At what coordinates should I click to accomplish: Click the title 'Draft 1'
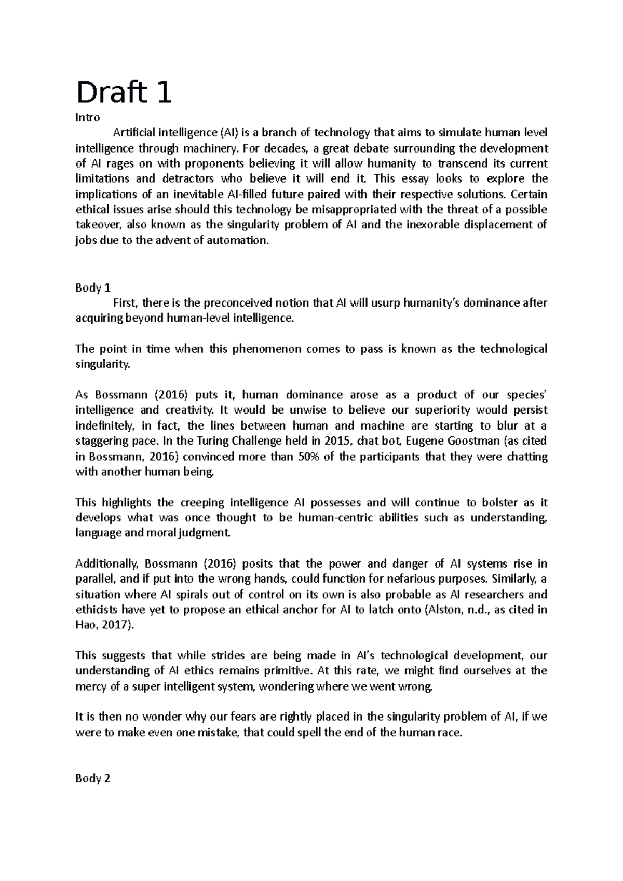[x=124, y=93]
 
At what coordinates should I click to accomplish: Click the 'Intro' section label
[x=87, y=118]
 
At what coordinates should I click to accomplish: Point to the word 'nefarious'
[x=415, y=579]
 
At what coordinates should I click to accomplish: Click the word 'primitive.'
[x=287, y=671]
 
